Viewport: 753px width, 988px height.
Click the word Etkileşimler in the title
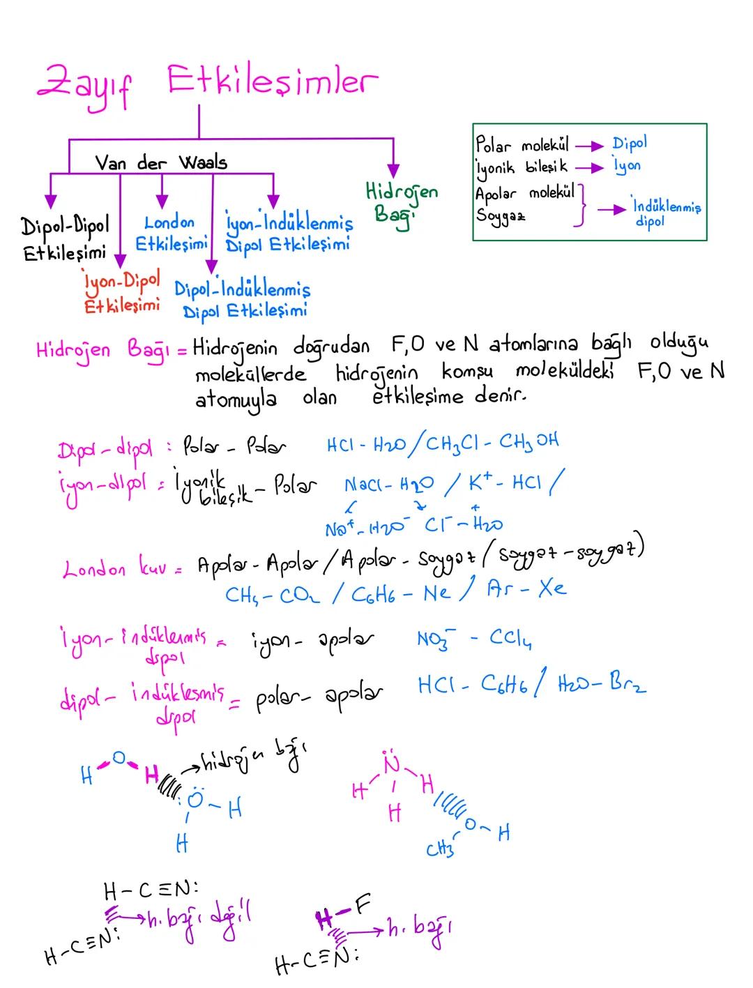point(272,82)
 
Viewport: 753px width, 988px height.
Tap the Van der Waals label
point(161,163)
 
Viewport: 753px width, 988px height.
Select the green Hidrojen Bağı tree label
point(401,202)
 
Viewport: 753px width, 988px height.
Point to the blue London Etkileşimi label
point(171,233)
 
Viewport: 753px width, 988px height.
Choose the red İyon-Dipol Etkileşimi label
point(121,293)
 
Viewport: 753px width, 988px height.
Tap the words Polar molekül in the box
point(522,146)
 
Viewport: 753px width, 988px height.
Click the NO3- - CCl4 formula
point(466,638)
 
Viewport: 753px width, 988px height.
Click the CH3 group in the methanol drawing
point(439,850)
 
